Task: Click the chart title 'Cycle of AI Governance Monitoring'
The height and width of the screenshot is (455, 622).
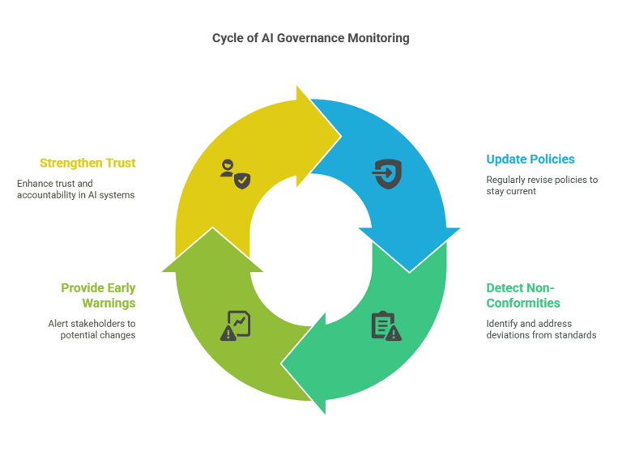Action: coord(310,38)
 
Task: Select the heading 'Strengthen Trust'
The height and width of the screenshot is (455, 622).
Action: coord(87,163)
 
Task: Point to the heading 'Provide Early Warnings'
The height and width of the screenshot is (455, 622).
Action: coord(98,296)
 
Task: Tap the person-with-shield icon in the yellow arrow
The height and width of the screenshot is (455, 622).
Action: coord(235,174)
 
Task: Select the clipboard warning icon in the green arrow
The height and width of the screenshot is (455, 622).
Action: coord(386,325)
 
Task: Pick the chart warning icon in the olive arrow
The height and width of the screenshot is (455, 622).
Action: coord(236,325)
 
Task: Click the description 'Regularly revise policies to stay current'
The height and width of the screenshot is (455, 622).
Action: coord(541,185)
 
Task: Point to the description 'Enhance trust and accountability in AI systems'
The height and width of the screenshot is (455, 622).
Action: coord(76,189)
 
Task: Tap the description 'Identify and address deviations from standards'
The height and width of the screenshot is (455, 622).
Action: coord(541,329)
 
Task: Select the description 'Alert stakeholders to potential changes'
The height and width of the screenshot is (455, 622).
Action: coord(90,330)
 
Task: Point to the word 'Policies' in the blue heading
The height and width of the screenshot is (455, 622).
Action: coord(551,159)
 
